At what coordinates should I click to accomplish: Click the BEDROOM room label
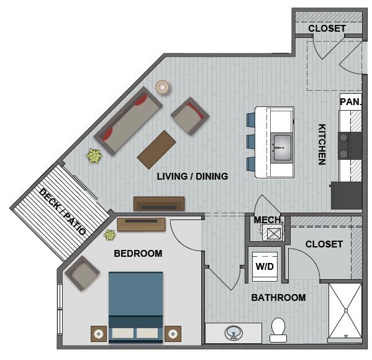tap(138, 253)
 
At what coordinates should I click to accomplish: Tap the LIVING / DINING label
tap(192, 177)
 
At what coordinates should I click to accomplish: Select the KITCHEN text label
tap(322, 145)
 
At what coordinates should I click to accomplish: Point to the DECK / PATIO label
tap(63, 211)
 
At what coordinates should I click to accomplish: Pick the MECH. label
tap(268, 220)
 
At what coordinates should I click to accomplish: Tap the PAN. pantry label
tap(350, 101)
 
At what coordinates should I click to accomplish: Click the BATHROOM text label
tap(278, 298)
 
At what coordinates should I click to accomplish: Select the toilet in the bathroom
tap(278, 329)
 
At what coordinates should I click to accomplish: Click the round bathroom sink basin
tap(234, 334)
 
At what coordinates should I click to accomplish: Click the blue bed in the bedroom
tap(135, 305)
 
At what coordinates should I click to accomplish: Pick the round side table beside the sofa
tap(163, 88)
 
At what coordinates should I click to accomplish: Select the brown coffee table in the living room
tap(157, 149)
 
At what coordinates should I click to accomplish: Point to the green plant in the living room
tap(94, 155)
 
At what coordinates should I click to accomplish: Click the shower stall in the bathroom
tap(344, 310)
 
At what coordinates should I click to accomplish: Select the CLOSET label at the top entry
tap(327, 29)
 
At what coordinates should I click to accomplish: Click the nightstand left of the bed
tap(99, 334)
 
